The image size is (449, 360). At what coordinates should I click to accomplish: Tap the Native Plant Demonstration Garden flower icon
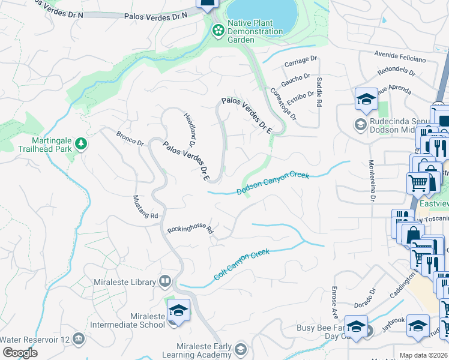click(218, 29)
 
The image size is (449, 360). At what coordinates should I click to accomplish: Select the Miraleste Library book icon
click(165, 281)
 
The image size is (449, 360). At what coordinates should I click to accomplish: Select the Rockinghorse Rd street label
click(190, 229)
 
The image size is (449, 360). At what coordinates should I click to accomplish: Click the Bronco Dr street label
click(130, 139)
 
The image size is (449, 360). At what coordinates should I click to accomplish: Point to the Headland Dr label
click(190, 130)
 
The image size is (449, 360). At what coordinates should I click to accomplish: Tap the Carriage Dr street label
click(301, 61)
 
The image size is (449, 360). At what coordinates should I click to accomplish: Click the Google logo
click(20, 353)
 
